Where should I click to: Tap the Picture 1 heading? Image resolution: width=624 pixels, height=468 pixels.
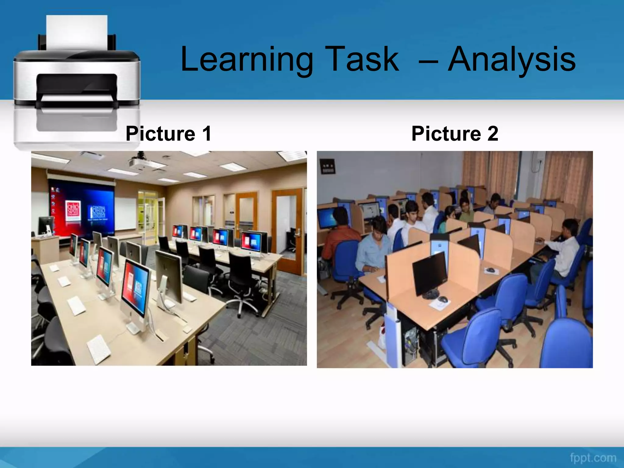(168, 133)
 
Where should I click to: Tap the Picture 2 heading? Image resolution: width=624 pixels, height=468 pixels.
(455, 133)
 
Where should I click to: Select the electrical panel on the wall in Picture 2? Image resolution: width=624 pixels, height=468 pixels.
(327, 167)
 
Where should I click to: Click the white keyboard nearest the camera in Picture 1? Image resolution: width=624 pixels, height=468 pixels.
(98, 349)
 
